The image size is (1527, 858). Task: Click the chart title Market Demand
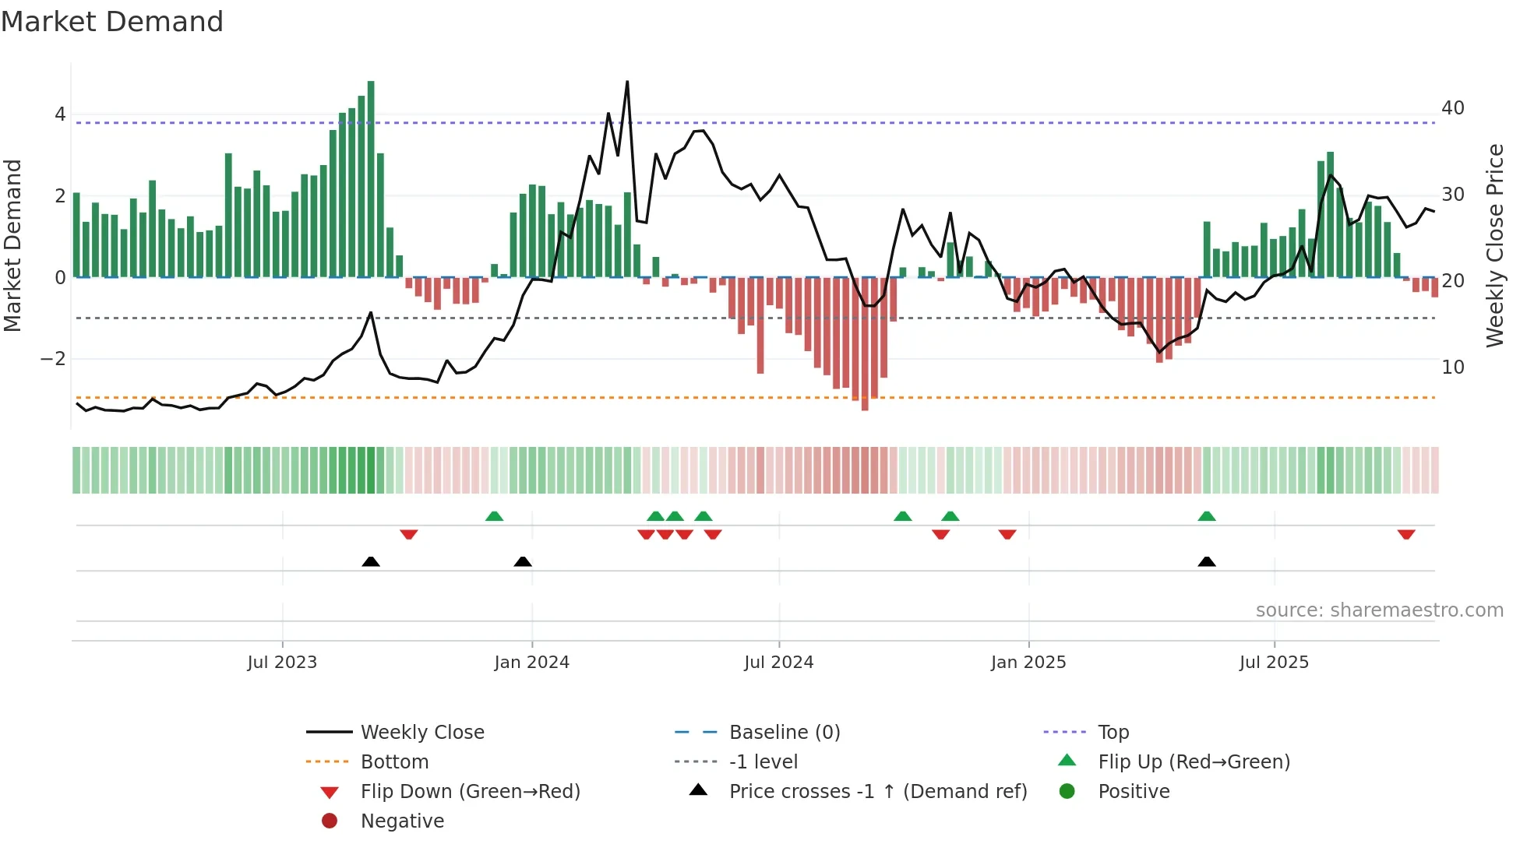click(x=112, y=22)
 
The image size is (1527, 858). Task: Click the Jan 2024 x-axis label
click(x=531, y=663)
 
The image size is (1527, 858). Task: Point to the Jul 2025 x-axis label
click(x=1274, y=663)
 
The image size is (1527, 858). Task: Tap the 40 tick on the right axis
click(x=1452, y=108)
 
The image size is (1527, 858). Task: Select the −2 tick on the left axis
click(x=53, y=359)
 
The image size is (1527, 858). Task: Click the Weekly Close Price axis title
click(x=1494, y=245)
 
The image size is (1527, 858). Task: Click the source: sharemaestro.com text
click(x=1379, y=610)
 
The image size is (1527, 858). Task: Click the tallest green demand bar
click(x=371, y=179)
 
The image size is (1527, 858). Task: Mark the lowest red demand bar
click(x=865, y=343)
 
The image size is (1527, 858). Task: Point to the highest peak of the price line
click(x=627, y=82)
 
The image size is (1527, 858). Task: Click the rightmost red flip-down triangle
click(x=1406, y=534)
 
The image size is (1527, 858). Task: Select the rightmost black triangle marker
click(x=1207, y=561)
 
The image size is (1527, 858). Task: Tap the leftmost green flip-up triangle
click(x=494, y=516)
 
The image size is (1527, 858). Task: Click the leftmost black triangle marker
click(x=371, y=561)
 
